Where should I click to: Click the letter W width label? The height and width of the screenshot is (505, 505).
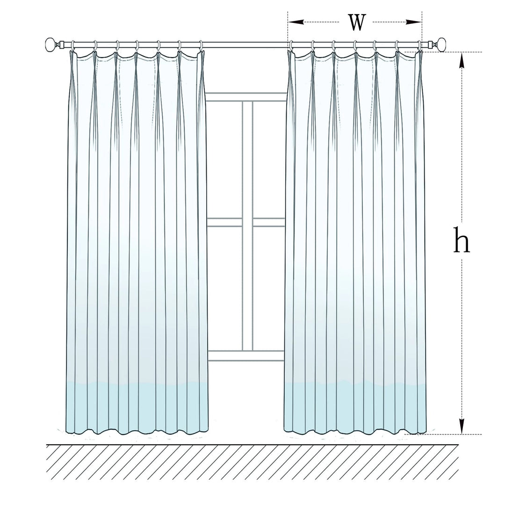click(x=357, y=22)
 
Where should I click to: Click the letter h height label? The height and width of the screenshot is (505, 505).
click(x=462, y=239)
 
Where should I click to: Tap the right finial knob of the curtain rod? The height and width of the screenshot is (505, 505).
click(x=441, y=43)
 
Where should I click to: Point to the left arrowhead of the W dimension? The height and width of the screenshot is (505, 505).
click(x=296, y=22)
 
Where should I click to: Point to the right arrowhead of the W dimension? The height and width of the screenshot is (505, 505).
click(x=413, y=22)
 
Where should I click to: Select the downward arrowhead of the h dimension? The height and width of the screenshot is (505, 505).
click(x=462, y=426)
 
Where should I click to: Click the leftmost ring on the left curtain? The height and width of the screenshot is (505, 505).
click(x=73, y=46)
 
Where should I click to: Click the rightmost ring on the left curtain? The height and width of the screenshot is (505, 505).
click(x=201, y=46)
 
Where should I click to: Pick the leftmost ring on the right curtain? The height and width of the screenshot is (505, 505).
click(x=291, y=46)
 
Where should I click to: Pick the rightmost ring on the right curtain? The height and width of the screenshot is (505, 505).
click(x=418, y=46)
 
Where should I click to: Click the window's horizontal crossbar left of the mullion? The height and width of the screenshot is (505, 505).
click(x=224, y=222)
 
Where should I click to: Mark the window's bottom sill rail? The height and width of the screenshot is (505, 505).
click(x=246, y=355)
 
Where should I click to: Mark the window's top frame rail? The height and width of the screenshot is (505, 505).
click(x=246, y=97)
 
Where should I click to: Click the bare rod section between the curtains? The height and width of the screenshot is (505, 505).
click(x=246, y=45)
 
